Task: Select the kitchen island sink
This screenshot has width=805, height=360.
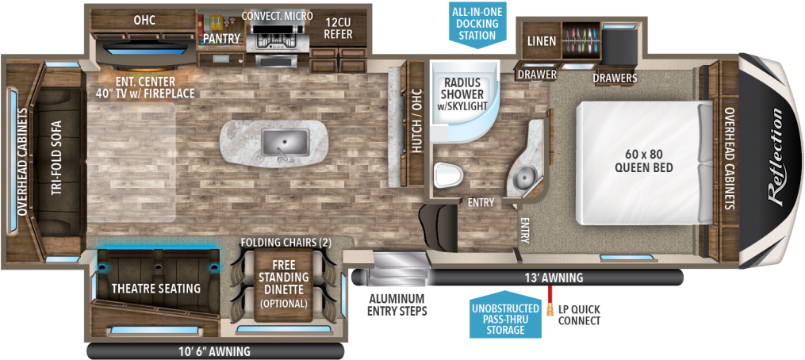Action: (285, 143)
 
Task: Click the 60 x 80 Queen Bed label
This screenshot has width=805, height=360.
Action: (643, 162)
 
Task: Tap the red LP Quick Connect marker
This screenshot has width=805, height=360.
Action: (548, 301)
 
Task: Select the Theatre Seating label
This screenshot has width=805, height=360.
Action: (155, 288)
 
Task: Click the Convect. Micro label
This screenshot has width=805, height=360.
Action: (277, 16)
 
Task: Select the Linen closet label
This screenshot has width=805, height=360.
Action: (541, 40)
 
